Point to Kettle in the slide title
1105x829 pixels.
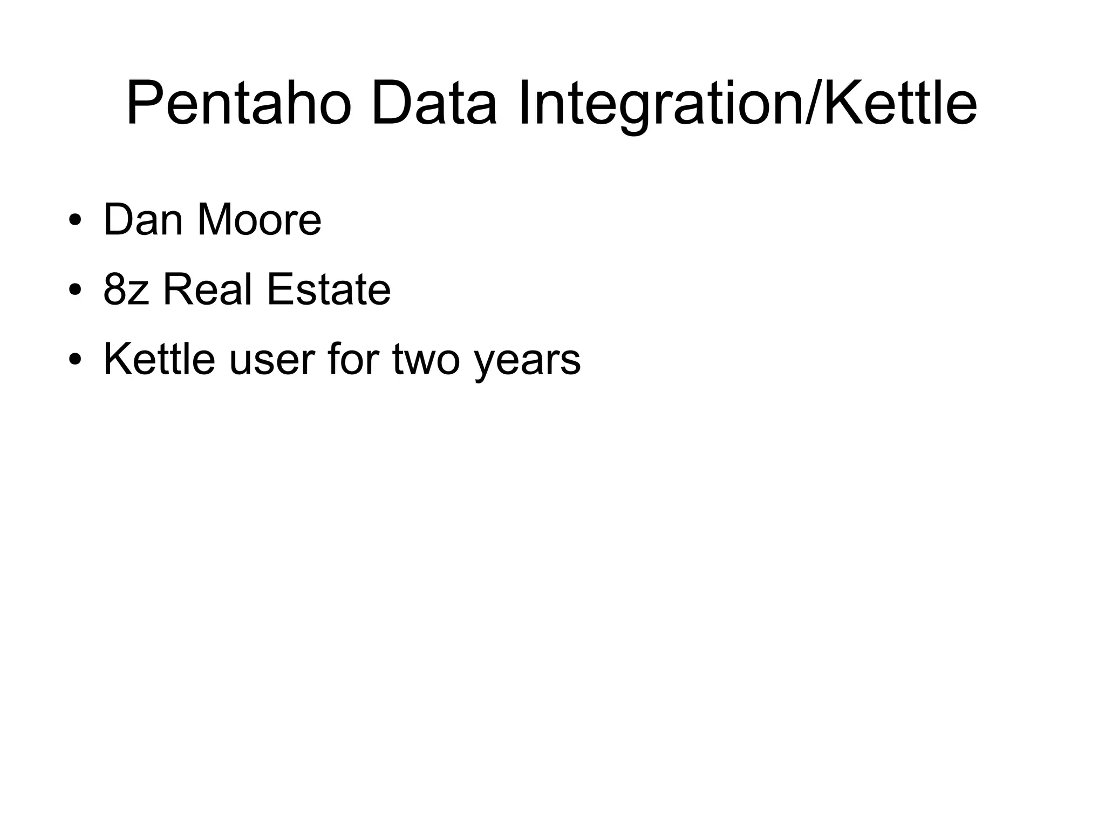pyautogui.click(x=900, y=103)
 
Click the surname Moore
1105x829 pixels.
pyautogui.click(x=259, y=219)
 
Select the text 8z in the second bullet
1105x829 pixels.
pyautogui.click(x=126, y=289)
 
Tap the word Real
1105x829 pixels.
pyautogui.click(x=207, y=289)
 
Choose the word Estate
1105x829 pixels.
pyautogui.click(x=328, y=289)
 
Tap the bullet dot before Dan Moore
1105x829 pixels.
pyautogui.click(x=75, y=221)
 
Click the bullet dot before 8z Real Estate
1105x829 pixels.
pyautogui.click(x=75, y=291)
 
